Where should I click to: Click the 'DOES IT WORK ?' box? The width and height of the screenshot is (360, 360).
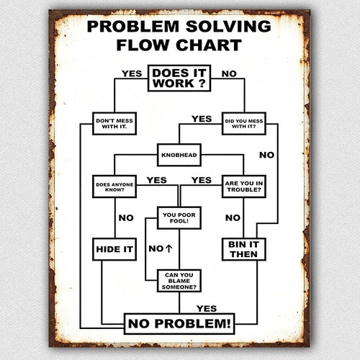pyautogui.click(x=179, y=78)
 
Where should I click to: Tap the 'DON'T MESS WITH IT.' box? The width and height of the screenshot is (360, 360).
pyautogui.click(x=114, y=123)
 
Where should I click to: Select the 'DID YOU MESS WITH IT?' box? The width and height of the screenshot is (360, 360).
pyautogui.click(x=244, y=123)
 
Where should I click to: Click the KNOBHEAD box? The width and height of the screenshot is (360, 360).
pyautogui.click(x=179, y=155)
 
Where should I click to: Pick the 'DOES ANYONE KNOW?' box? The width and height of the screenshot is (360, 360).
pyautogui.click(x=114, y=186)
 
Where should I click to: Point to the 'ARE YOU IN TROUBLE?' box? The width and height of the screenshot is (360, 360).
pyautogui.click(x=244, y=186)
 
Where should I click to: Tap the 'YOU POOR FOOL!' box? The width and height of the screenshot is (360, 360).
pyautogui.click(x=179, y=218)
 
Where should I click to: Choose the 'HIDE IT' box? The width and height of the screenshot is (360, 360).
pyautogui.click(x=114, y=249)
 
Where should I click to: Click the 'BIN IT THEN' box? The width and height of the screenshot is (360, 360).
pyautogui.click(x=244, y=249)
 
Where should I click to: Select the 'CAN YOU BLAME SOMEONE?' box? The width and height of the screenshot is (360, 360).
pyautogui.click(x=179, y=281)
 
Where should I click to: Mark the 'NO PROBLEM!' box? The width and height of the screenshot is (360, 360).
pyautogui.click(x=179, y=323)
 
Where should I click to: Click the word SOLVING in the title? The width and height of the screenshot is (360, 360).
pyautogui.click(x=228, y=27)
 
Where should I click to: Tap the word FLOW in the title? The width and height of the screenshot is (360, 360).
pyautogui.click(x=143, y=45)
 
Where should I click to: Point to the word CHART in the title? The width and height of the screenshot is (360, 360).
pyautogui.click(x=209, y=45)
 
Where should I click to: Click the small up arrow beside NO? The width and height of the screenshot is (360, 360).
pyautogui.click(x=169, y=248)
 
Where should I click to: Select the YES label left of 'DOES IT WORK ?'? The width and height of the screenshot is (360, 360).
pyautogui.click(x=132, y=73)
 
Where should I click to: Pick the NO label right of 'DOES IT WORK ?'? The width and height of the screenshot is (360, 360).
pyautogui.click(x=229, y=73)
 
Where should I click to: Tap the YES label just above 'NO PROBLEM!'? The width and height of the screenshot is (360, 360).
pyautogui.click(x=207, y=308)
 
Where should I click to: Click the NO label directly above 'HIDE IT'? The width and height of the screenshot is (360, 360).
pyautogui.click(x=126, y=218)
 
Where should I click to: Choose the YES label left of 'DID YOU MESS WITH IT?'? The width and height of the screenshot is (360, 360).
pyautogui.click(x=202, y=119)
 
